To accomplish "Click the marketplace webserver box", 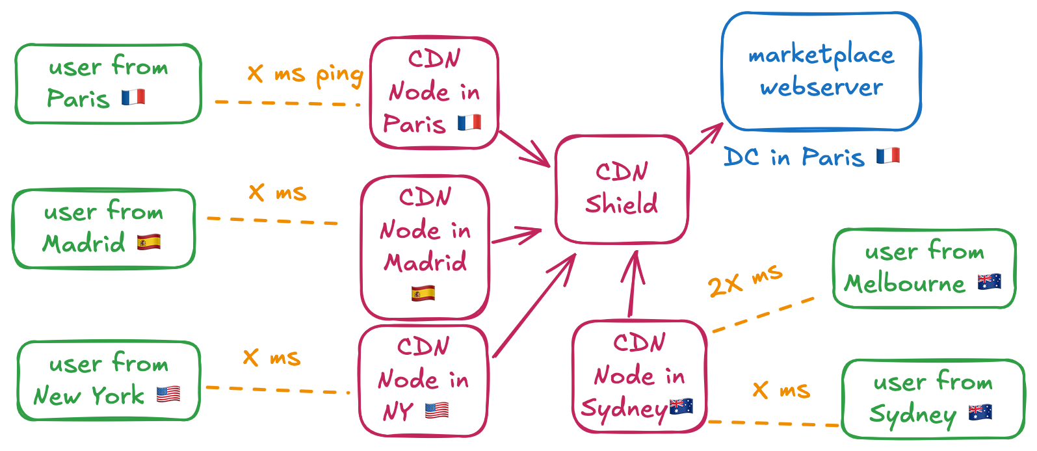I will (x=821, y=71).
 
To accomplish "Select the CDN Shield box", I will (x=622, y=189).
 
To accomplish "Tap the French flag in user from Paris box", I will (x=133, y=97).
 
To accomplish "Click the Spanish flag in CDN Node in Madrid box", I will (x=423, y=293).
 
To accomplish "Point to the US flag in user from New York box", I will (x=168, y=394).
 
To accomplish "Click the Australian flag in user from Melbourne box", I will (x=989, y=282).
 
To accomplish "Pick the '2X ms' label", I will (x=744, y=280).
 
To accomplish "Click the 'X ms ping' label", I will (x=305, y=74).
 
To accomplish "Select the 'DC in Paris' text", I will (x=794, y=157).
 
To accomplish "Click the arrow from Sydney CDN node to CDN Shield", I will (x=631, y=286).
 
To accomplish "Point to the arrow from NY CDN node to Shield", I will (x=533, y=305).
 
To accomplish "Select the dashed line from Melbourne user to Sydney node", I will (x=763, y=315).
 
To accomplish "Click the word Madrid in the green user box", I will (x=84, y=244).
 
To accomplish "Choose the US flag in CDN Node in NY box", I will (x=437, y=410).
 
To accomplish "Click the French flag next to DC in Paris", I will (x=887, y=156).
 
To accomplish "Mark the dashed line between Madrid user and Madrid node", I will (x=273, y=221).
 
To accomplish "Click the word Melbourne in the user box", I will (x=904, y=284).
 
